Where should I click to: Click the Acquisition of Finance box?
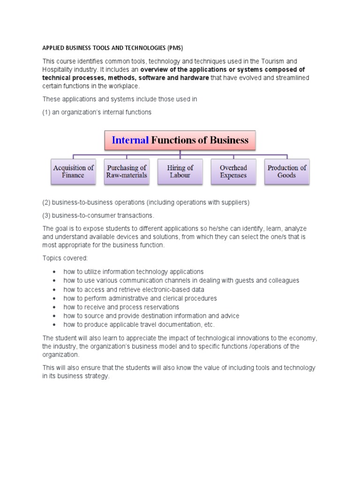click(x=73, y=172)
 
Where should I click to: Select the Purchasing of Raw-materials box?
click(x=127, y=172)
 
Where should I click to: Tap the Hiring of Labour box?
click(x=180, y=172)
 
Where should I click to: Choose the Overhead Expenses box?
click(x=233, y=172)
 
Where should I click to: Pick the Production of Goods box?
click(x=286, y=172)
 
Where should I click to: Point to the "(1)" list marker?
click(x=46, y=112)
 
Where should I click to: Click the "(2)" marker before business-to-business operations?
click(x=46, y=202)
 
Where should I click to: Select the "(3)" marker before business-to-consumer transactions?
click(x=46, y=216)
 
